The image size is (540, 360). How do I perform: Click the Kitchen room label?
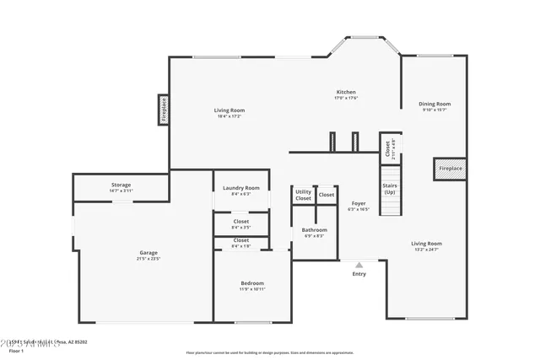click(x=346, y=92)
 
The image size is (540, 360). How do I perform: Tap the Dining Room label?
click(x=435, y=105)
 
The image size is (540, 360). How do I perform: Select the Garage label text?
click(x=148, y=253)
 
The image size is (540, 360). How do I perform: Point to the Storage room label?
click(x=121, y=185)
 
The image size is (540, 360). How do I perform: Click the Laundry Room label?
click(x=240, y=188)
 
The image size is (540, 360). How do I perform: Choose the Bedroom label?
click(x=252, y=283)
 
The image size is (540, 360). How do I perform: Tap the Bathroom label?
click(x=315, y=229)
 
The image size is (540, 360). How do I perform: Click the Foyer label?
click(x=359, y=203)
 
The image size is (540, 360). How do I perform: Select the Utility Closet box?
click(x=303, y=196)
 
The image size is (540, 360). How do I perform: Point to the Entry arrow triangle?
click(x=359, y=265)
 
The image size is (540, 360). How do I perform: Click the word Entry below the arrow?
click(x=359, y=274)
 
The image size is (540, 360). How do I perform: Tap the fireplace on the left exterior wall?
click(x=164, y=110)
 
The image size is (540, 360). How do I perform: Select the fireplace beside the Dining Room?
click(x=450, y=169)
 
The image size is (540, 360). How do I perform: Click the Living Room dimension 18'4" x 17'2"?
click(x=229, y=116)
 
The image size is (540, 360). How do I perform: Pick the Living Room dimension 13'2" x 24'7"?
click(x=427, y=250)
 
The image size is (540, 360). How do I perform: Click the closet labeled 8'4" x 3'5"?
click(x=240, y=227)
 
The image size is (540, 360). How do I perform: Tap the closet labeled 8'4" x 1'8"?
click(x=240, y=245)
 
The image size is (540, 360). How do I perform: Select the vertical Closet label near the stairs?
click(x=387, y=148)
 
